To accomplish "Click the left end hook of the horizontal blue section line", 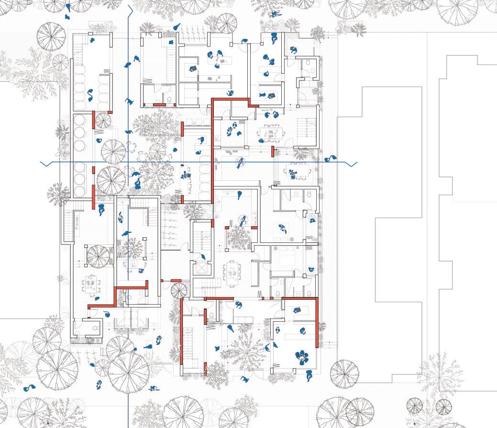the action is [43, 164].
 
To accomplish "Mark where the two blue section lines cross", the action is [128, 163].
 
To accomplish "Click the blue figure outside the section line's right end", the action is [329, 158].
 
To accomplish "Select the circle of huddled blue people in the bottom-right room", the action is [302, 356].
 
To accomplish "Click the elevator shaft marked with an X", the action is [201, 268].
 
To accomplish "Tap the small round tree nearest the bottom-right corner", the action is [414, 406].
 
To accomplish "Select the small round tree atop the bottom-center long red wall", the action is [178, 290].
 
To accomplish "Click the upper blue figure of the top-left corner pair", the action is [68, 7].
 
